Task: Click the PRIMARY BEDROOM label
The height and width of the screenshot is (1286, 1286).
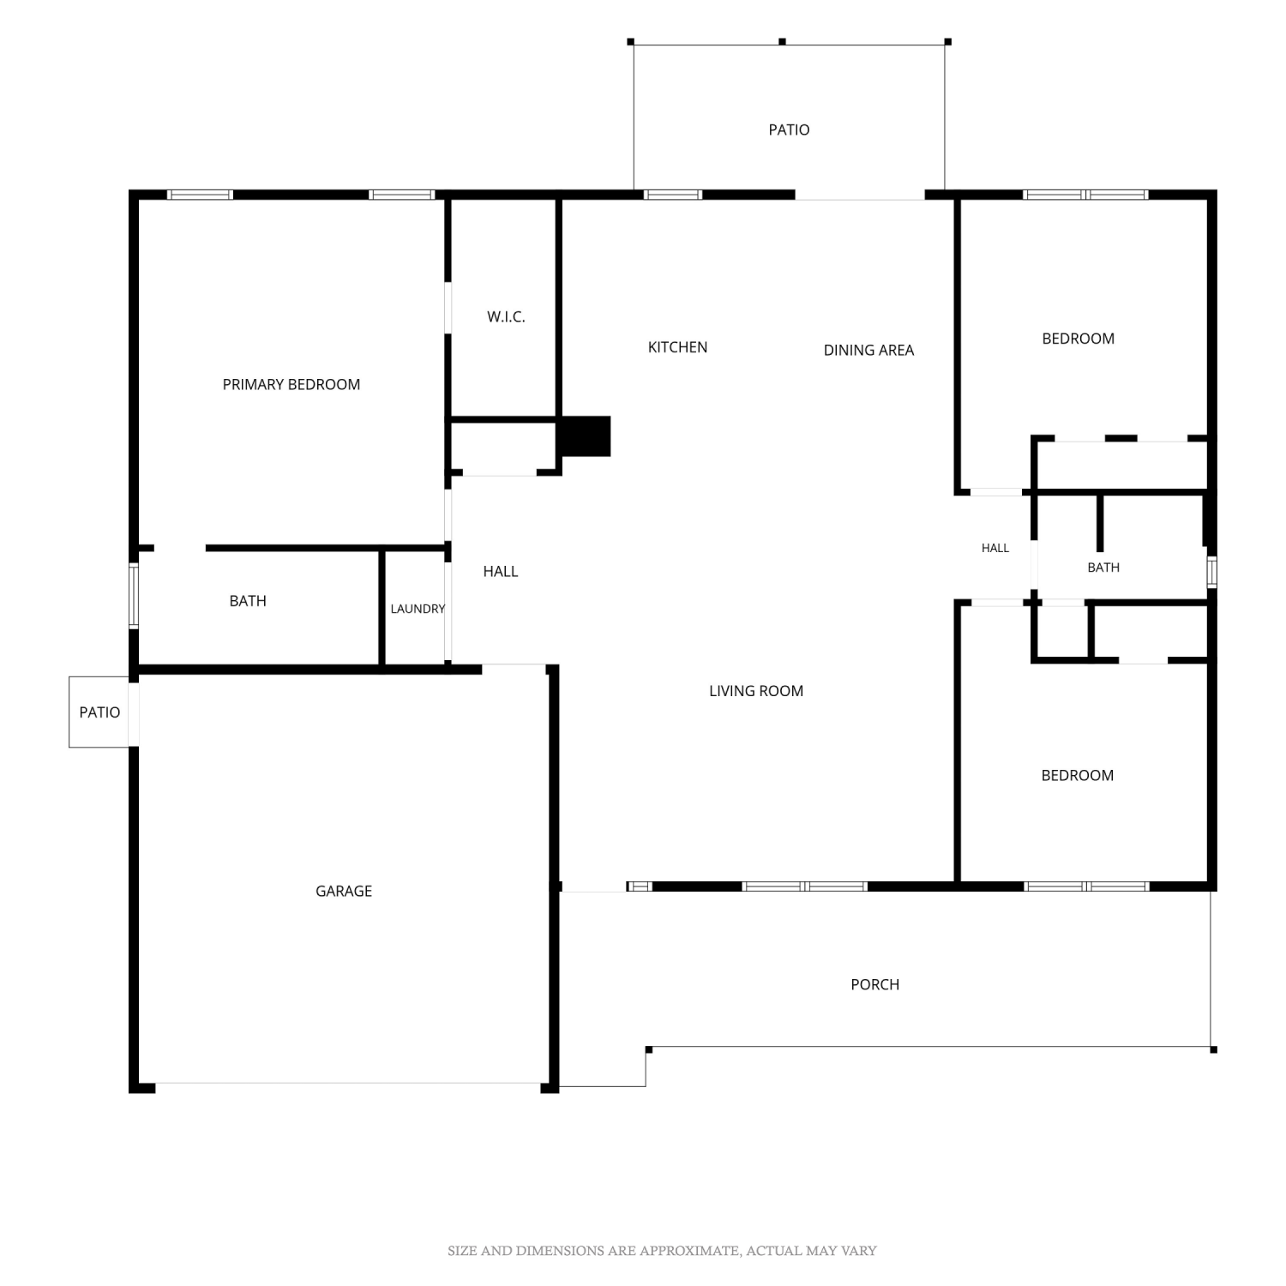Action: (291, 385)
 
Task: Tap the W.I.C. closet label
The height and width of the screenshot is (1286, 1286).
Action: (506, 317)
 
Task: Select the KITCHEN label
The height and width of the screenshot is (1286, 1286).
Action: (677, 347)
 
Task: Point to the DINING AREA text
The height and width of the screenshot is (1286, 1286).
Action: (868, 350)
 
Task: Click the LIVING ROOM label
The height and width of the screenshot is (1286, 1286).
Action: (756, 691)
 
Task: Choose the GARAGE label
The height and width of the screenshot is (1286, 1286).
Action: (344, 892)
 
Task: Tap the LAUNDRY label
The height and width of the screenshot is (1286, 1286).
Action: (418, 609)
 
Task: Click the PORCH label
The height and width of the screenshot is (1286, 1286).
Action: (875, 985)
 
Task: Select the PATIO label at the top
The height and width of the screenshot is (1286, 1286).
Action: (789, 130)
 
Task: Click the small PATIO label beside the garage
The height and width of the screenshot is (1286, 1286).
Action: (99, 712)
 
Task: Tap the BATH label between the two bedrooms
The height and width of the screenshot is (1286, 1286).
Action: (1103, 568)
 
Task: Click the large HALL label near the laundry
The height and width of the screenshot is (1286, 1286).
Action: (501, 572)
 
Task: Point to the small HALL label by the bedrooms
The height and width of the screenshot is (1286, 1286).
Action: (995, 548)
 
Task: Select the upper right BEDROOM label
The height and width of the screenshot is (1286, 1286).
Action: (1079, 339)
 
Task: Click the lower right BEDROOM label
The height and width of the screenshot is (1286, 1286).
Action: (1078, 776)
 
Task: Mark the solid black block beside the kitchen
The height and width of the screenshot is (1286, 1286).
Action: (585, 436)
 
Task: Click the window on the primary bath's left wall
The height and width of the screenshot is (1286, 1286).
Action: (134, 596)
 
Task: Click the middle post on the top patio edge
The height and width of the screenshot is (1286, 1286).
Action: (782, 41)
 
